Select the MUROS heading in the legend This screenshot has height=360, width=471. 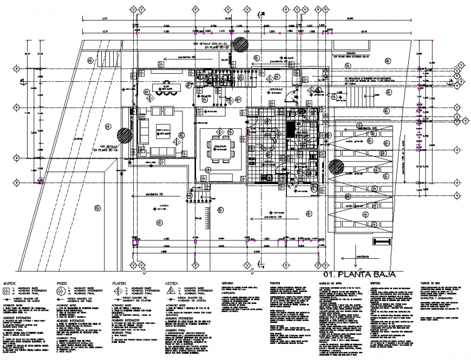(10, 283)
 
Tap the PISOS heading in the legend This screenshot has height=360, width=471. (63, 283)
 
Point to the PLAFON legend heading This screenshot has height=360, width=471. (119, 283)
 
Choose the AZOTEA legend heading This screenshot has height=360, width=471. (173, 283)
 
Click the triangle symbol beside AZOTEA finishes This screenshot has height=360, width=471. (171, 291)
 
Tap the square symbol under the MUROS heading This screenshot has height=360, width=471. (7, 291)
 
